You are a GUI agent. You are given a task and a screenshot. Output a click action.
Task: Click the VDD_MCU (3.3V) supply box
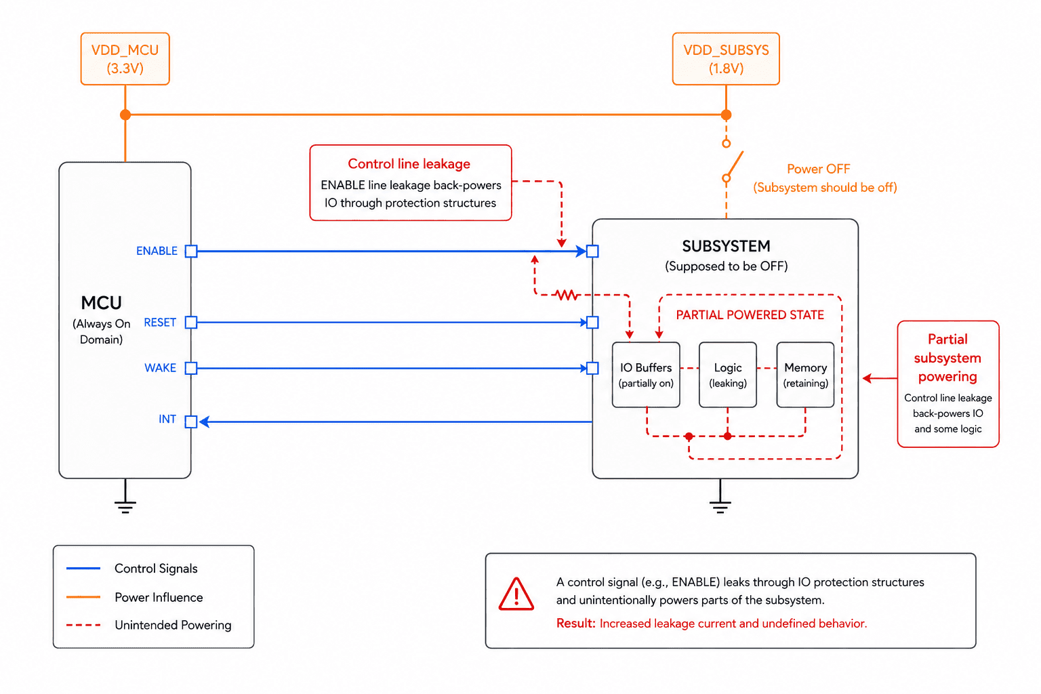125,58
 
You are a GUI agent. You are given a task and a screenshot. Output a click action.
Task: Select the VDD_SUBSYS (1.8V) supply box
725,58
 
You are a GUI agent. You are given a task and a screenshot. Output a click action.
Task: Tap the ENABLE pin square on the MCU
191,251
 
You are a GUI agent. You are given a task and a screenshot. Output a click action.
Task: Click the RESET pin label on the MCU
160,322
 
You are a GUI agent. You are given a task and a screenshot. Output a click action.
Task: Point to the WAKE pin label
161,368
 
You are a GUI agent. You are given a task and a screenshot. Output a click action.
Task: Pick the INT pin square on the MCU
191,422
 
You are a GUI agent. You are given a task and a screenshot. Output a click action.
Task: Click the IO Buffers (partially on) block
646,375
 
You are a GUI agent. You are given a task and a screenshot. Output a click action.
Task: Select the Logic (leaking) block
728,375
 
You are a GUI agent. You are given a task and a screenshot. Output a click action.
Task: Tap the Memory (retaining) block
805,375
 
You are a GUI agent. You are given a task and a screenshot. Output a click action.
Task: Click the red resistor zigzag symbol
567,295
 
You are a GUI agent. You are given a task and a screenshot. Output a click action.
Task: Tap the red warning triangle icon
516,594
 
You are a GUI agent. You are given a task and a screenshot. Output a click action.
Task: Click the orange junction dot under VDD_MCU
125,115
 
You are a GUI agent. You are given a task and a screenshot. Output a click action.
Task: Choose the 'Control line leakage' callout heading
409,163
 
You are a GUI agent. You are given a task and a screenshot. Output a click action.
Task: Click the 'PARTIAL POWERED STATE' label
750,314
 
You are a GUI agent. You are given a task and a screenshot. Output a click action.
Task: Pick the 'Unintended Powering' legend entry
148,625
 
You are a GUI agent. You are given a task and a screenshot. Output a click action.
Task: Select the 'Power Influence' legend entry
135,597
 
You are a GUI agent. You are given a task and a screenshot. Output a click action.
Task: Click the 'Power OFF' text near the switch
819,169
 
